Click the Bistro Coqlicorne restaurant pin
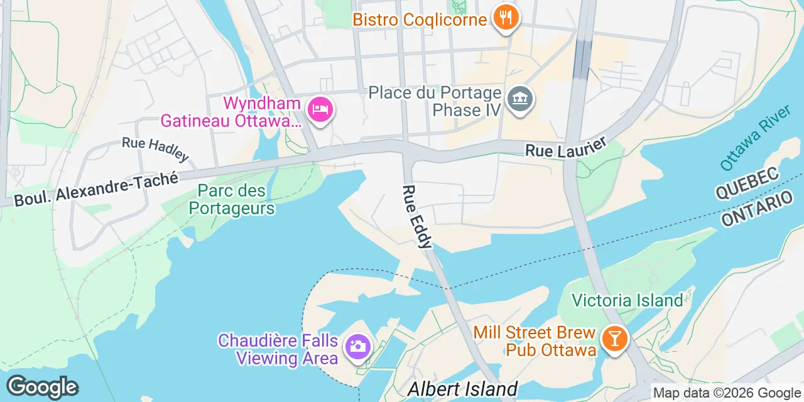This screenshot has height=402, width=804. point(505,17)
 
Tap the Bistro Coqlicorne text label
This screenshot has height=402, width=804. point(420,19)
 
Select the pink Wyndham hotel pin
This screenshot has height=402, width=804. point(320,110)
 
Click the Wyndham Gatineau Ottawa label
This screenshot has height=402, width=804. point(231,111)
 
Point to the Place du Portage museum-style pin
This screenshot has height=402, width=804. point(520,100)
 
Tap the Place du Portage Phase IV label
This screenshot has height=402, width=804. point(435,102)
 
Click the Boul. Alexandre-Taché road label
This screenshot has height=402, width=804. point(96,187)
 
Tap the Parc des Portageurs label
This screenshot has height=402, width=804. point(232,199)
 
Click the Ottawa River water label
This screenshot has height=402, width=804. point(755,138)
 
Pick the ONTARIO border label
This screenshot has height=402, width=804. point(756,209)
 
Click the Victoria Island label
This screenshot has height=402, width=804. point(627,300)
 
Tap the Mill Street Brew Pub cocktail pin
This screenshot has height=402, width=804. point(614,339)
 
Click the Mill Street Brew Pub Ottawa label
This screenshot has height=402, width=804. point(535,341)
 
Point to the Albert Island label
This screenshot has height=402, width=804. point(462,389)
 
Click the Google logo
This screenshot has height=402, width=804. point(42,387)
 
